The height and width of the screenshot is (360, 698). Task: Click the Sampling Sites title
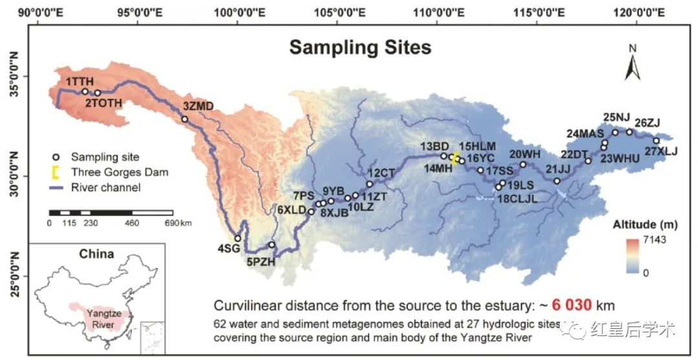(x=360, y=48)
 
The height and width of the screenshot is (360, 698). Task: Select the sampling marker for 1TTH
(x=85, y=92)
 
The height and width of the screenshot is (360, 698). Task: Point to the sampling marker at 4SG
(x=238, y=238)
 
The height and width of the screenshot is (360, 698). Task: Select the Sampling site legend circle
(x=56, y=157)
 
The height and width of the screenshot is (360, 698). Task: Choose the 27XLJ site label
(x=661, y=152)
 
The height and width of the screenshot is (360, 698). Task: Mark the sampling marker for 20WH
(x=523, y=164)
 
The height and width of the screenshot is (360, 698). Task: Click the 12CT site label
(x=381, y=173)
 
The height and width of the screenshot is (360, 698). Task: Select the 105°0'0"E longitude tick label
(x=337, y=12)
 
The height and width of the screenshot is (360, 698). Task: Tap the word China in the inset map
(x=96, y=253)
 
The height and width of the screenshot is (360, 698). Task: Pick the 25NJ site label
(x=617, y=118)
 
